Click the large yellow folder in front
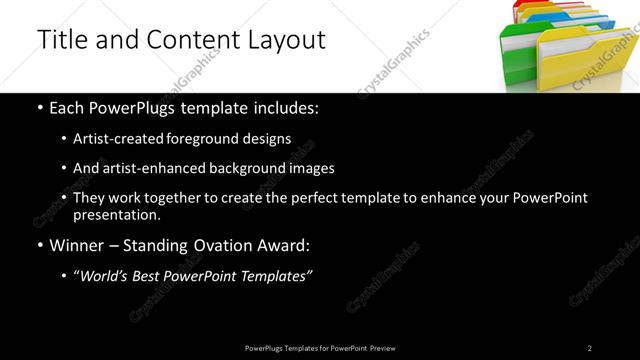coord(580,60)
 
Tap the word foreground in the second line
coord(216,139)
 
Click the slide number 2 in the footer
coord(589,348)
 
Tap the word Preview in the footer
coord(382,348)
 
